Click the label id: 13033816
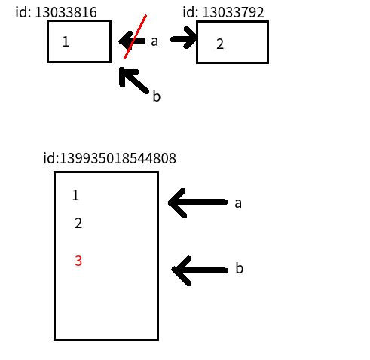point(56,12)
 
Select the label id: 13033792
point(223,12)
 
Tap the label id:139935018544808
point(109,158)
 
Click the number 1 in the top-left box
point(66,41)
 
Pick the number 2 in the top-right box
point(220,44)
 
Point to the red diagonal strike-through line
point(135,37)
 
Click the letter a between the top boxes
point(154,41)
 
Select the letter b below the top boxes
point(157,96)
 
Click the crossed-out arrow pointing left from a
point(132,41)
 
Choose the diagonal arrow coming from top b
point(134,81)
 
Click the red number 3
point(78,261)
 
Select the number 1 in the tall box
point(75,195)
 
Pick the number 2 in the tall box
point(78,223)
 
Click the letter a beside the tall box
point(238,203)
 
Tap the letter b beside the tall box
point(240,268)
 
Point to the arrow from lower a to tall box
point(197,203)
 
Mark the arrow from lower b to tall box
point(200,270)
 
